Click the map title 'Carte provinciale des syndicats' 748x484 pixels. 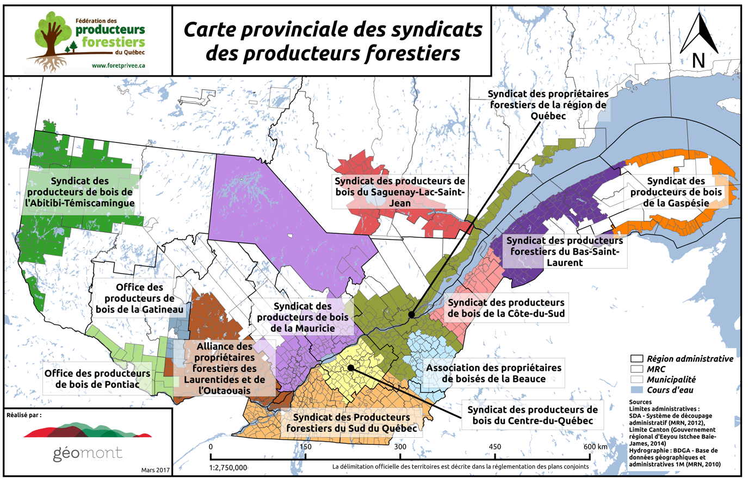click(332, 29)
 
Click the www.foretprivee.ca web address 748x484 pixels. click(118, 65)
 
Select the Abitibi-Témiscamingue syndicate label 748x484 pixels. click(80, 192)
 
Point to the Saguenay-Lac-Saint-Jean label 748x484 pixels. click(399, 191)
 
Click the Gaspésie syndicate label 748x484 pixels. click(676, 191)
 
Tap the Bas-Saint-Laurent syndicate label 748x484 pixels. click(565, 251)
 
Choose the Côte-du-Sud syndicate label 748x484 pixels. click(506, 307)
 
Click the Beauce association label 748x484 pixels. click(494, 373)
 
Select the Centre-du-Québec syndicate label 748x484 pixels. click(532, 415)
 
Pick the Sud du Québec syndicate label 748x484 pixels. click(351, 423)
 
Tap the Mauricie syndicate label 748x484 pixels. click(303, 317)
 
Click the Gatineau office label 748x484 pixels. click(139, 298)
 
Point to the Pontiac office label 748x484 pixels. click(97, 378)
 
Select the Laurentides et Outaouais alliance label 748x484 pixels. click(225, 369)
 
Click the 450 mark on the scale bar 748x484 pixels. click(495, 446)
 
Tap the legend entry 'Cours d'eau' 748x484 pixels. click(670, 390)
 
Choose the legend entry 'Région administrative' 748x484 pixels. click(689, 359)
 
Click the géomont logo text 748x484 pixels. click(88, 453)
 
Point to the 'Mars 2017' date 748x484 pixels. click(156, 469)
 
